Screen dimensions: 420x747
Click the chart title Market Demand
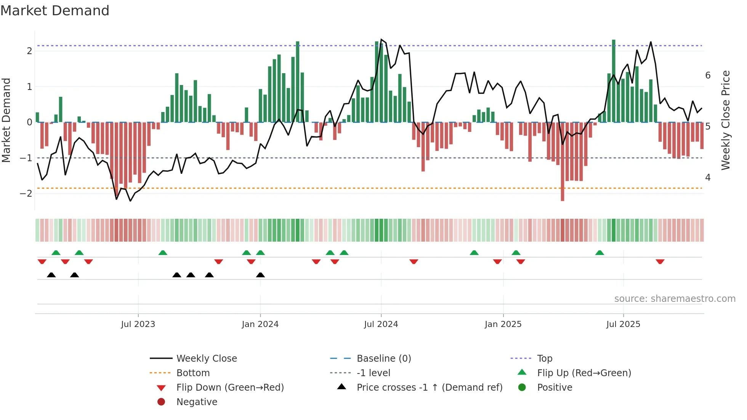(55, 11)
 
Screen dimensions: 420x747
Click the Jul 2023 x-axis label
(138, 324)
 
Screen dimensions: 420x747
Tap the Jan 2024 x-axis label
(260, 324)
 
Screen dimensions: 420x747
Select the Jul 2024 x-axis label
(381, 324)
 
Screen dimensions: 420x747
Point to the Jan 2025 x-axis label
(503, 324)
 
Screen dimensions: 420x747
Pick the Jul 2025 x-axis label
(623, 324)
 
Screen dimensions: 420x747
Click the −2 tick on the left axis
(26, 194)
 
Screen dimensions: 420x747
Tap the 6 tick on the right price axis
(708, 75)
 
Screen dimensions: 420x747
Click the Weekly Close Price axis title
(726, 120)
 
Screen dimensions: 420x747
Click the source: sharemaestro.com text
(675, 299)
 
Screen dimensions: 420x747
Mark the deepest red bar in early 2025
(562, 162)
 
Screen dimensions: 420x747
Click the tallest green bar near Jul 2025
(614, 81)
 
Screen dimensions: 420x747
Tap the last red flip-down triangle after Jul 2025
(660, 261)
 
